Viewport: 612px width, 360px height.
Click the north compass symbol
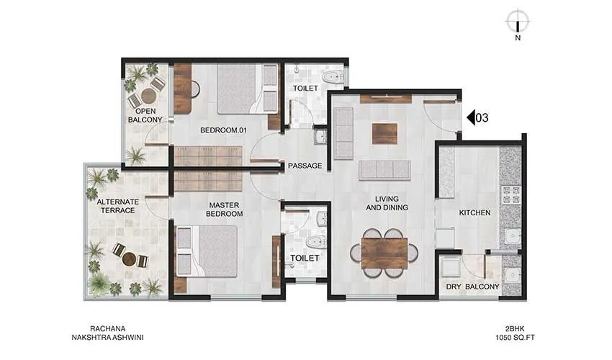click(518, 21)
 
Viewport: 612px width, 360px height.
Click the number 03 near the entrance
click(483, 118)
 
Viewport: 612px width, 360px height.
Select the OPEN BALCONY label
click(146, 115)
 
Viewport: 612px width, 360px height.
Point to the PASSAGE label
click(305, 166)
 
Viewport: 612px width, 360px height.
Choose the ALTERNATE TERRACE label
click(116, 205)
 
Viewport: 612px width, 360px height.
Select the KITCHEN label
click(474, 213)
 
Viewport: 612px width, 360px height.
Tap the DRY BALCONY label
click(472, 287)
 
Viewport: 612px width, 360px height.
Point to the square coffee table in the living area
click(384, 134)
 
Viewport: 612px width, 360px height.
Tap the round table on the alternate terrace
click(128, 258)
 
